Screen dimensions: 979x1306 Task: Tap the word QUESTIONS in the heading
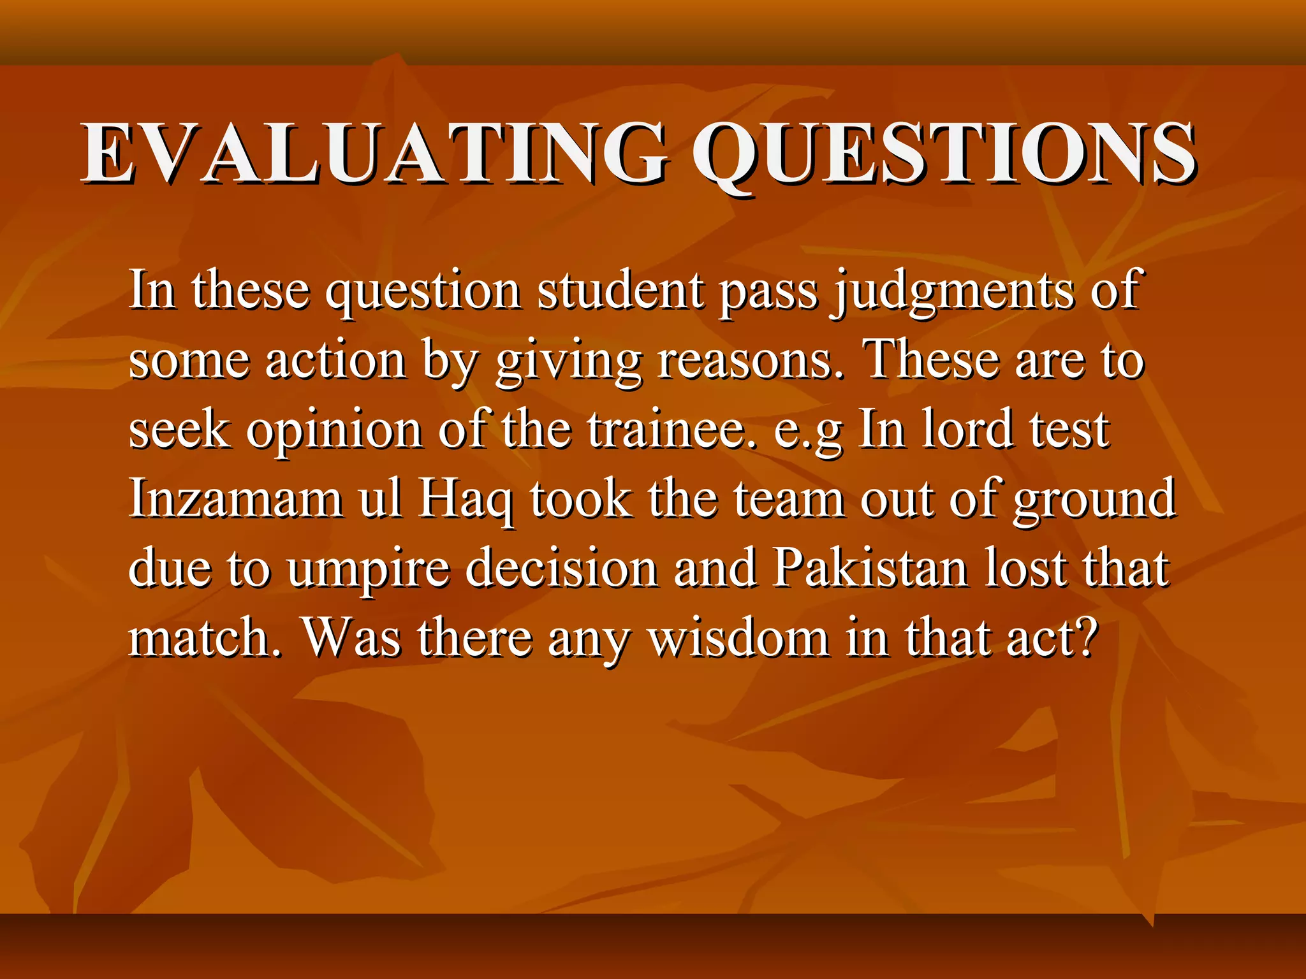[x=943, y=154]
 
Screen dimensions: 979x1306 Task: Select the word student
[x=620, y=291]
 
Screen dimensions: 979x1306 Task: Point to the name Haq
[x=466, y=500]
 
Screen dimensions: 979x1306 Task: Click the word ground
[x=1094, y=500]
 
